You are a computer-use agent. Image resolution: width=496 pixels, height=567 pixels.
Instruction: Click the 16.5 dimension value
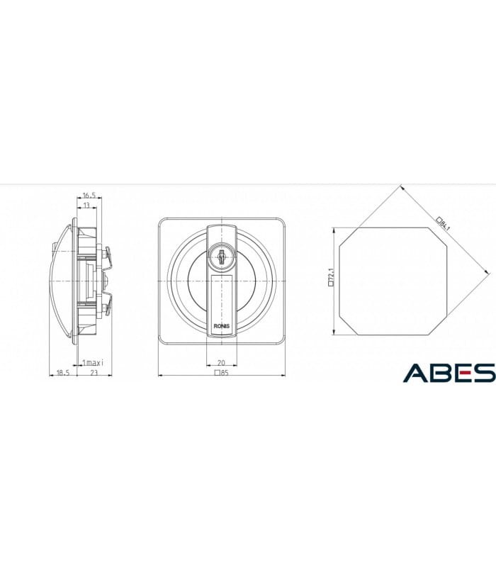89,196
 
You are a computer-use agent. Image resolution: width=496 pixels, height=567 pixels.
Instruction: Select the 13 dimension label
86,206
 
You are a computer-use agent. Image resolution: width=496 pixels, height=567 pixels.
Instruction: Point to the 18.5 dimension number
63,373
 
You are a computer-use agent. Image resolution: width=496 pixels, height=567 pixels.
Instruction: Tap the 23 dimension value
94,373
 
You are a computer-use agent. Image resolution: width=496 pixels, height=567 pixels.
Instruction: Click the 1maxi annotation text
93,362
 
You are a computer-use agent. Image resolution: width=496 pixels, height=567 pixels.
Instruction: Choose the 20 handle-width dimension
221,363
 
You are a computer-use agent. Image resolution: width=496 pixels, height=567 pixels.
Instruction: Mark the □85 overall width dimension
222,373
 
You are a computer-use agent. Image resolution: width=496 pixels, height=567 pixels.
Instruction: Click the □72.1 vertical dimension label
331,277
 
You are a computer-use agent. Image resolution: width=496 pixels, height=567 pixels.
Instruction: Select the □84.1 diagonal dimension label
444,223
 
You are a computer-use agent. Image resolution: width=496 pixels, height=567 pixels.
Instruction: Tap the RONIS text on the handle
221,326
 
